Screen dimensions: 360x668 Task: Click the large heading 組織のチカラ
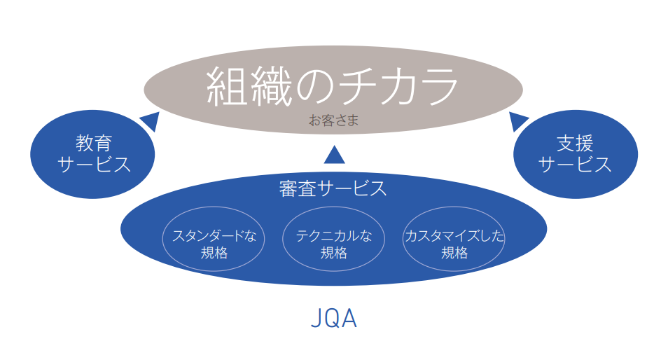click(x=333, y=88)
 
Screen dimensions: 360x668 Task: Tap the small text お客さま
click(x=334, y=120)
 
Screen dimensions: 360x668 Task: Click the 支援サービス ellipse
click(x=575, y=155)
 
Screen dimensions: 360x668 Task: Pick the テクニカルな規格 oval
click(x=334, y=243)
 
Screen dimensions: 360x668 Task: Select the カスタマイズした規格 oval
click(x=454, y=243)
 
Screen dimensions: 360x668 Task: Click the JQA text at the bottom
click(x=334, y=319)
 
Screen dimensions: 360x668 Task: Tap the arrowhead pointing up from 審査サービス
click(x=334, y=154)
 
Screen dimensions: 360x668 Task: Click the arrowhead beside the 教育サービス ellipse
click(x=150, y=121)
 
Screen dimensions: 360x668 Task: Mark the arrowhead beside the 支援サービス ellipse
click(x=517, y=121)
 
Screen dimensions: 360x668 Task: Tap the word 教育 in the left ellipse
click(x=94, y=144)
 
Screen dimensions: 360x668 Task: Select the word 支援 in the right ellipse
click(x=575, y=144)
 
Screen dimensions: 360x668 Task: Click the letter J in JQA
click(x=316, y=319)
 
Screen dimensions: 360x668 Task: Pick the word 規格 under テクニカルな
click(x=334, y=253)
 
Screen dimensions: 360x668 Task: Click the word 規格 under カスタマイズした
click(x=454, y=253)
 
